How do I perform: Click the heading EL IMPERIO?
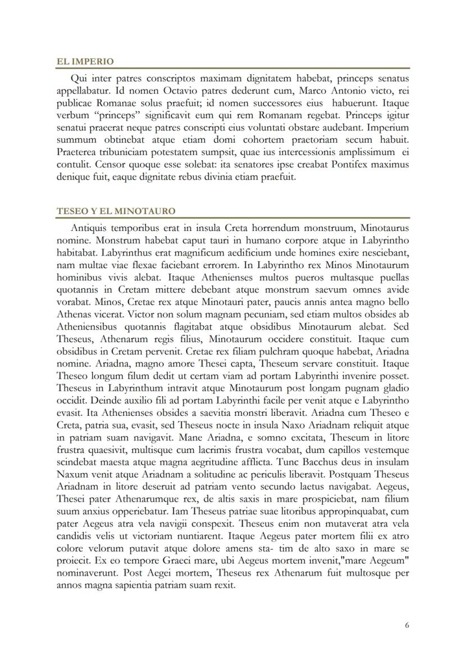coord(85,62)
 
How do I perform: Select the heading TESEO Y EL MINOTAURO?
coord(116,211)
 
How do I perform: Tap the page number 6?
coord(407,625)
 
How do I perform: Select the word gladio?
coord(396,388)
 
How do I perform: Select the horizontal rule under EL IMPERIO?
coord(233,68)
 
